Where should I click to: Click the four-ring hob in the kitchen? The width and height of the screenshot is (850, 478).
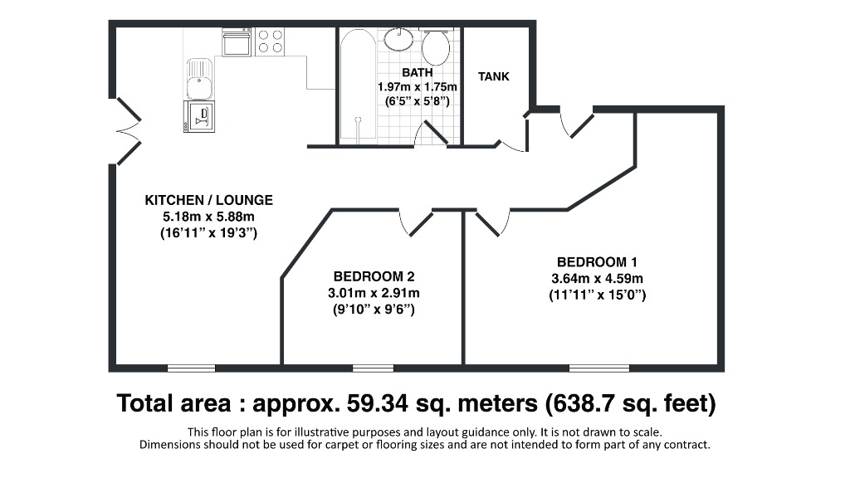270,41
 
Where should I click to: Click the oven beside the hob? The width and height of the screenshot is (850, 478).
237,41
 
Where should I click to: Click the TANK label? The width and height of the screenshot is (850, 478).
494,76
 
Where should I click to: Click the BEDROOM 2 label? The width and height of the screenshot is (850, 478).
374,276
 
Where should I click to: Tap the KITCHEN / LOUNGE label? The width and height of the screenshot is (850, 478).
209,201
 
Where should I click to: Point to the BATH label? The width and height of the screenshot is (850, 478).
417,72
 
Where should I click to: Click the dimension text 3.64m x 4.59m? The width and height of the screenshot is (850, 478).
598,278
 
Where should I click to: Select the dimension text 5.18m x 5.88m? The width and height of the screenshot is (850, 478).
209,217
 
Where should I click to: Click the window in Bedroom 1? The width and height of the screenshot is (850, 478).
598,368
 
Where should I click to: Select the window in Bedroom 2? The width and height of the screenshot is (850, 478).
373,368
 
